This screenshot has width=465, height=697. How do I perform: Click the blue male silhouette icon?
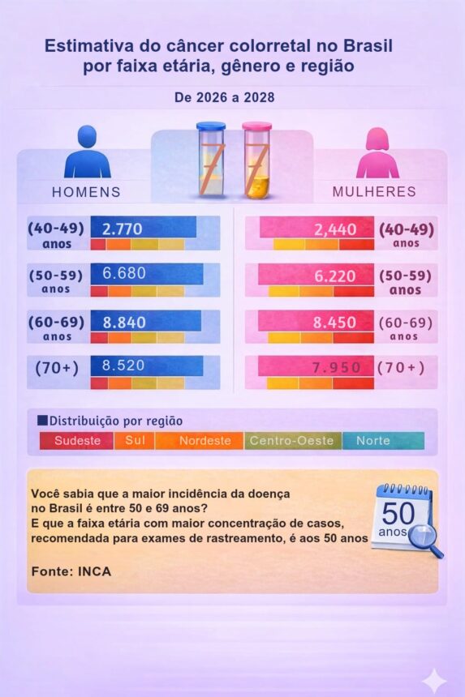(x=87, y=152)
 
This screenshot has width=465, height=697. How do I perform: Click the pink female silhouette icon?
(x=377, y=152)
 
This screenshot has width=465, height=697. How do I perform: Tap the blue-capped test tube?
(x=211, y=159)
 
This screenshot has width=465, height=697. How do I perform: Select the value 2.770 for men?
(x=123, y=229)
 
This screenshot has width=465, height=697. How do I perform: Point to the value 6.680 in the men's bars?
(x=124, y=273)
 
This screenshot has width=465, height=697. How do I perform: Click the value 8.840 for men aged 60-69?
(x=124, y=323)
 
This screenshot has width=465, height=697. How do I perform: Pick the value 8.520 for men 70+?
(x=123, y=366)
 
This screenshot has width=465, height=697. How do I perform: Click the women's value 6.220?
(x=335, y=276)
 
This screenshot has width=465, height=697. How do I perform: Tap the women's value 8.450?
(x=334, y=323)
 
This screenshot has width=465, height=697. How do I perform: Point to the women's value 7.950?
(x=337, y=368)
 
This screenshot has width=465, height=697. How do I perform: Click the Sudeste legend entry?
(x=77, y=441)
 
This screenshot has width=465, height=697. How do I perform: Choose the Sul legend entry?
(x=135, y=441)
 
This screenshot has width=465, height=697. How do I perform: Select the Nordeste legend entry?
(x=205, y=441)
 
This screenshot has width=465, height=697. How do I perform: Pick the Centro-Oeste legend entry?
(x=291, y=441)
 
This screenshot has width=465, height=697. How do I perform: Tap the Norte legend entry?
(x=372, y=441)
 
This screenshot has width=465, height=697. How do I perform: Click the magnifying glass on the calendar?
(x=426, y=541)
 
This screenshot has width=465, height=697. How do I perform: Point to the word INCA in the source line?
(x=94, y=571)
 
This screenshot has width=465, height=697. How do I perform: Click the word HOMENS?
(x=86, y=192)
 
